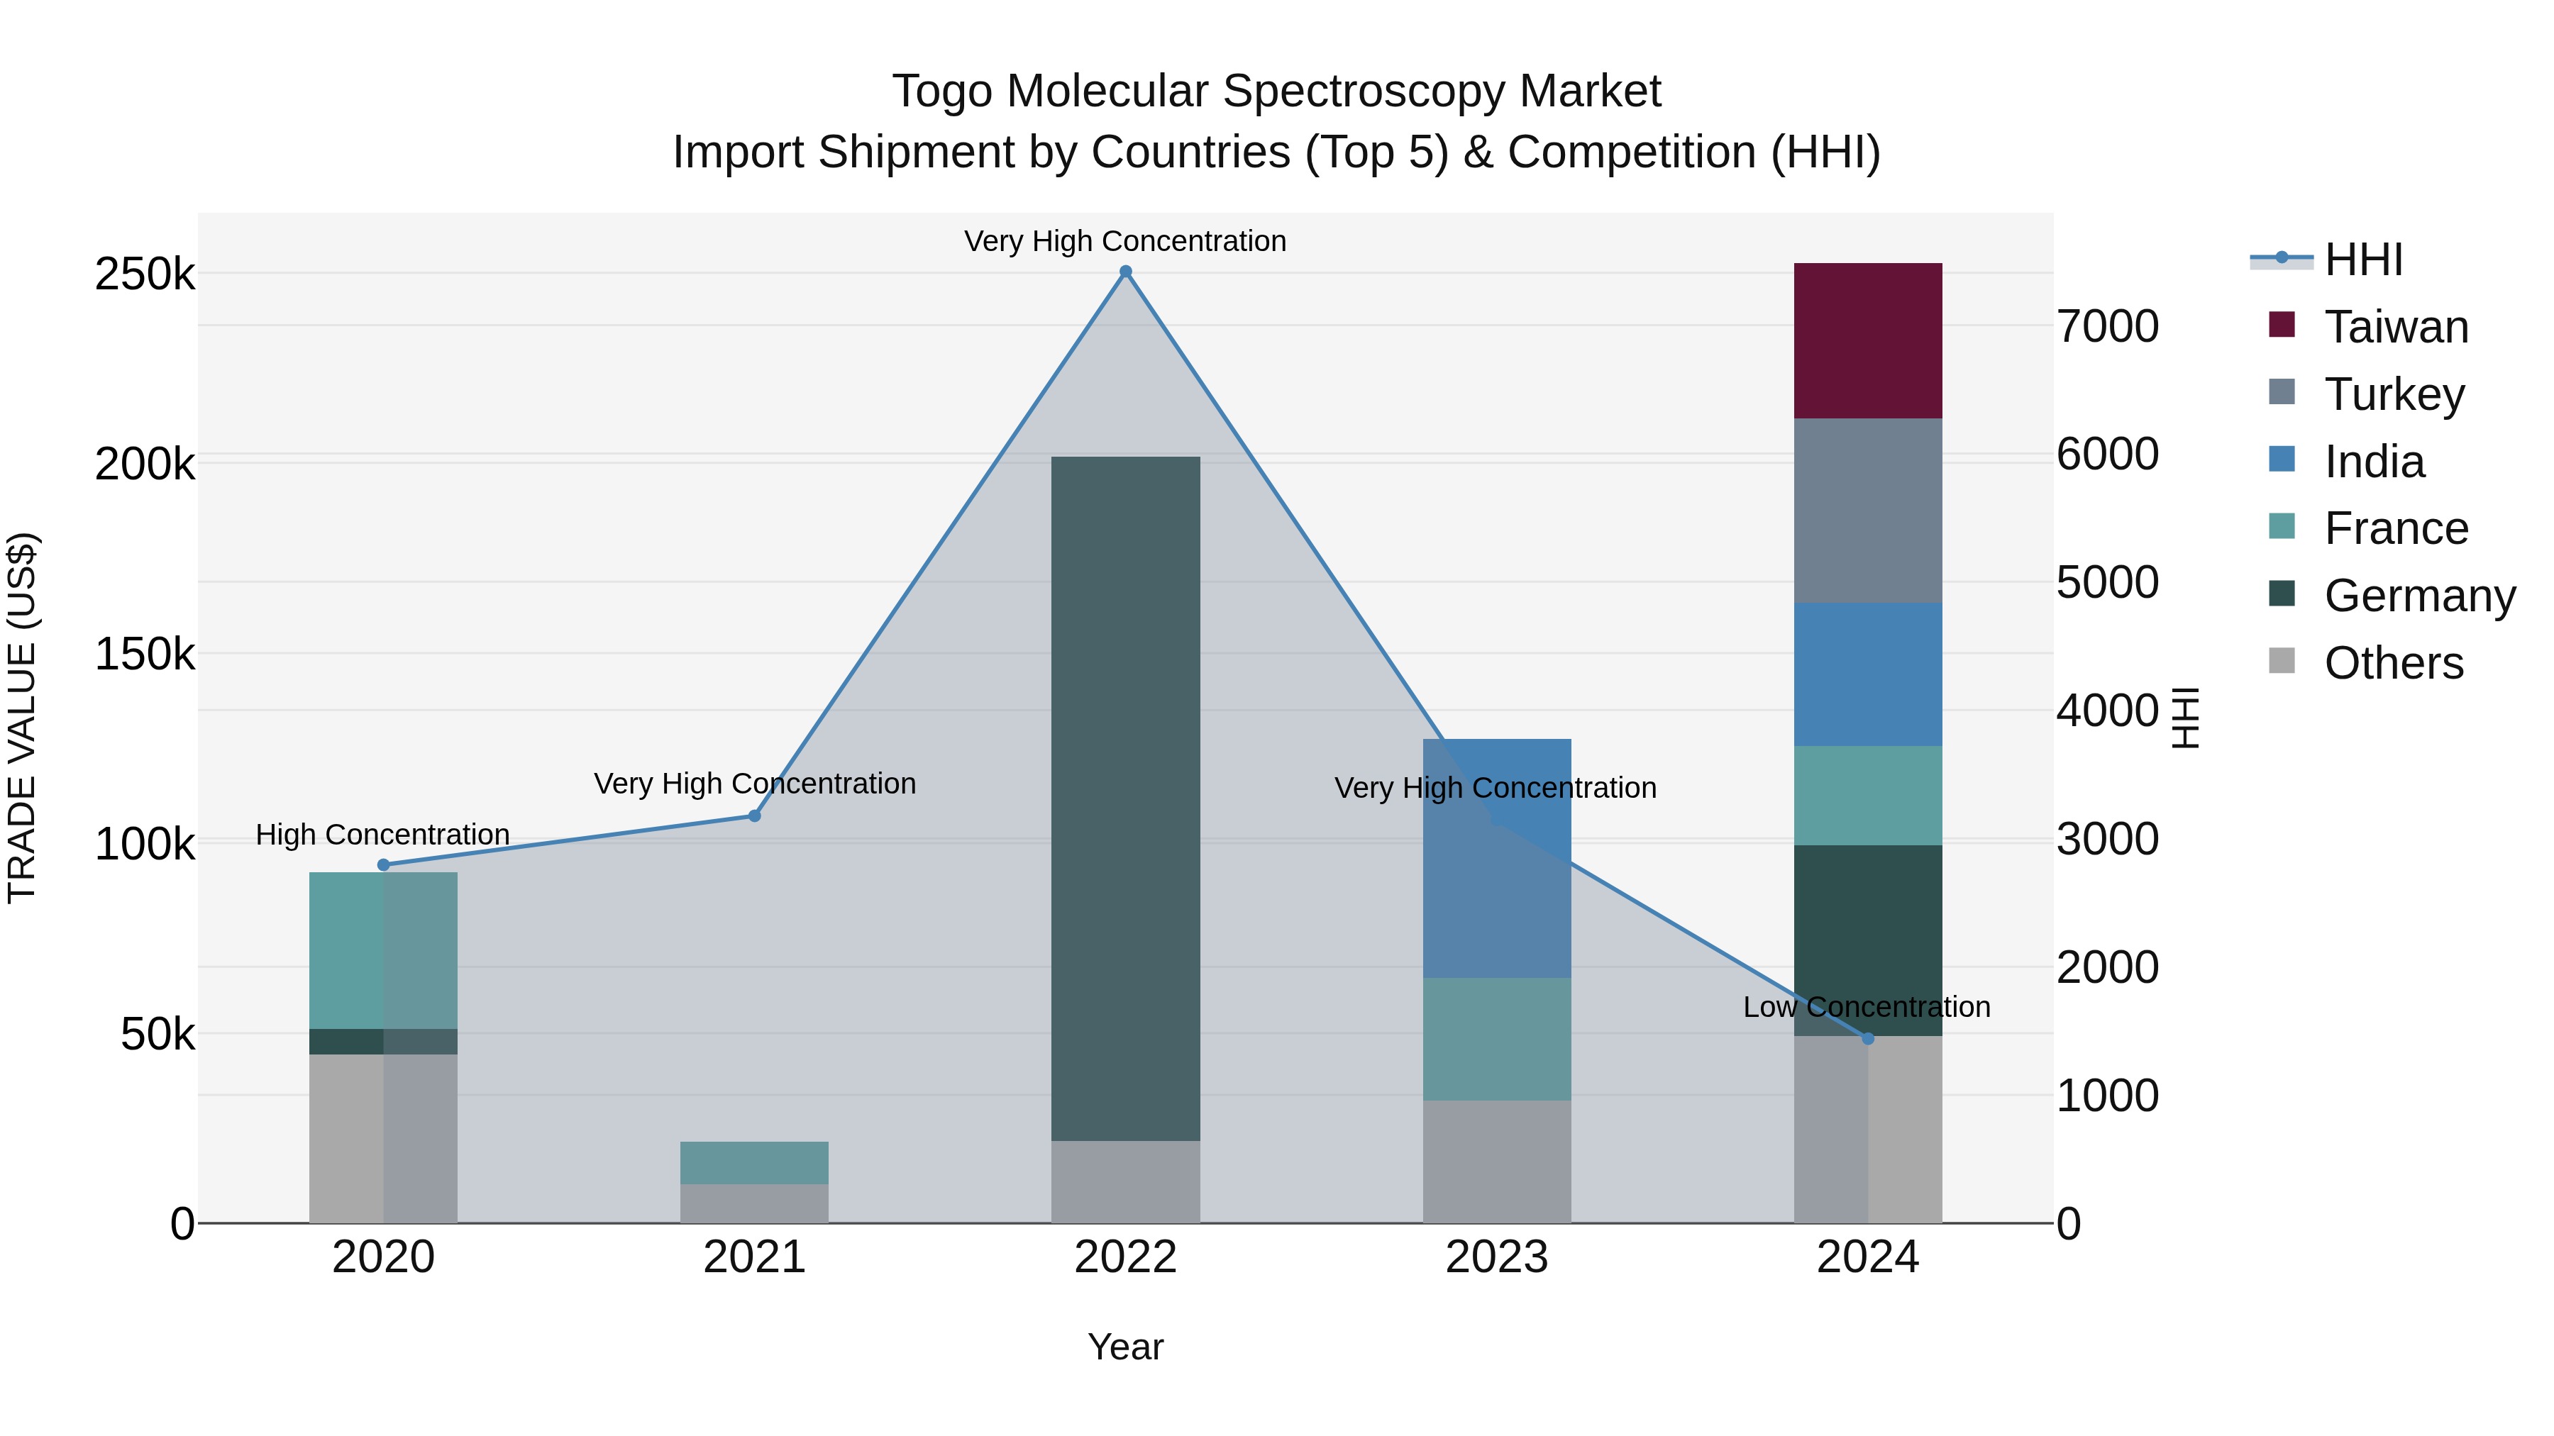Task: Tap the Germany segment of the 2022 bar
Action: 1125,798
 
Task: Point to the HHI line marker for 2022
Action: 1125,272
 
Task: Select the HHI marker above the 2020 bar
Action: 384,865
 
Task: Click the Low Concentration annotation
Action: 1866,1007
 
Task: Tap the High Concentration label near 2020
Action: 382,835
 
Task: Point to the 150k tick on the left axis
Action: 145,654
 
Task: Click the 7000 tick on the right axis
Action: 2108,326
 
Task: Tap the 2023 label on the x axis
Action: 1496,1257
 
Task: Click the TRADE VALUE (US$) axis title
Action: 23,718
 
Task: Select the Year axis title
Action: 1125,1347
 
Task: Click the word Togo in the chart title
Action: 942,91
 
